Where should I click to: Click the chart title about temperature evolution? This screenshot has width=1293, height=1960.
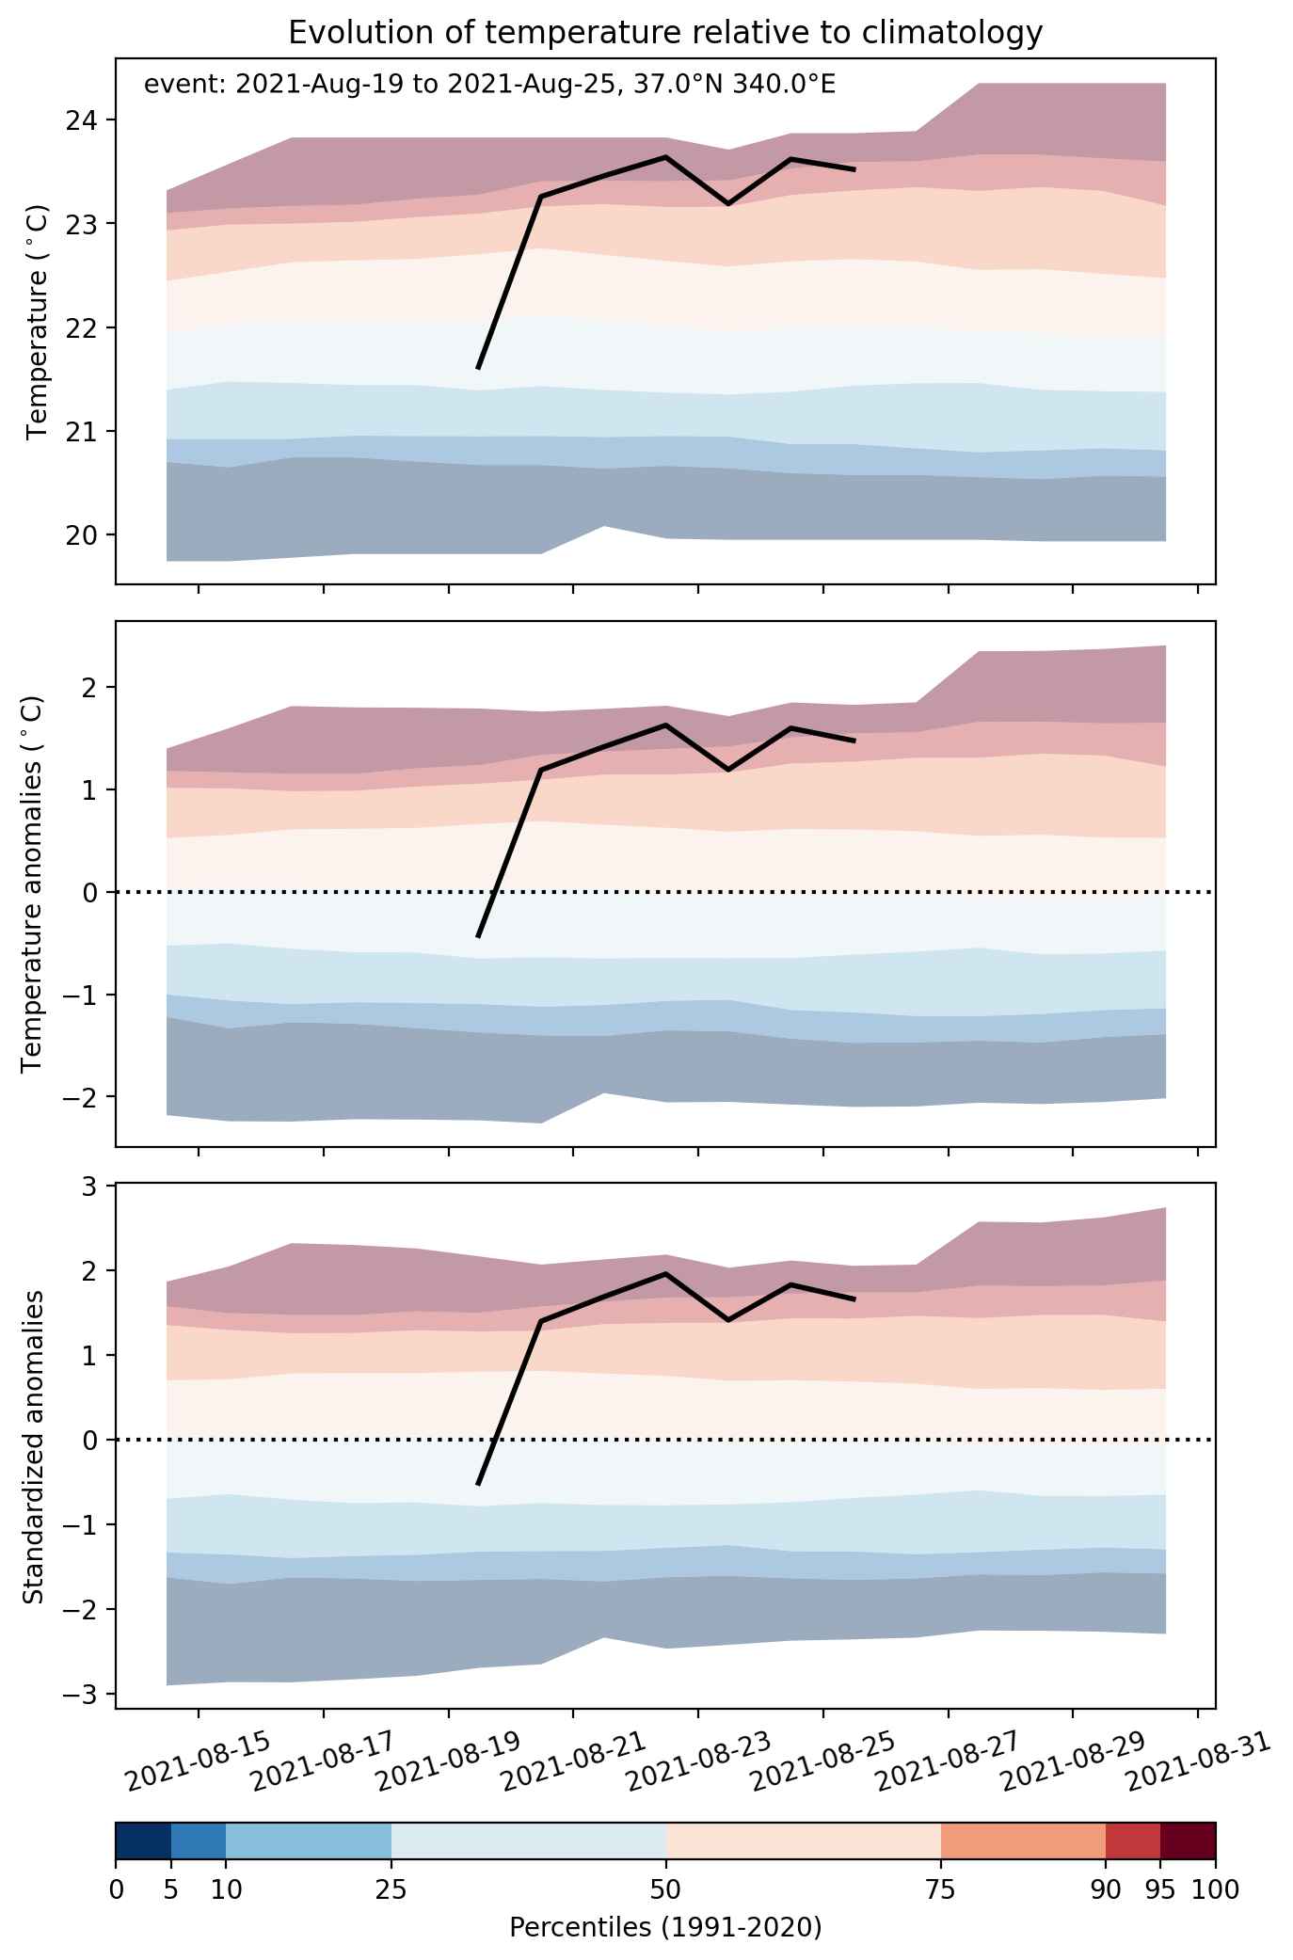click(665, 33)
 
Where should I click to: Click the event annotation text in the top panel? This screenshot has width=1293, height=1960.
click(489, 85)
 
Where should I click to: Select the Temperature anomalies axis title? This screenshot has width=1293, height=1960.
click(32, 884)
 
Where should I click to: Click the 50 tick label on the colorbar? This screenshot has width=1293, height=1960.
click(666, 1889)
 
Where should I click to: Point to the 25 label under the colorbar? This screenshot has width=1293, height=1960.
click(391, 1889)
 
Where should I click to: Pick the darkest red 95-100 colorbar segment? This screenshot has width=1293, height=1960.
click(1188, 1844)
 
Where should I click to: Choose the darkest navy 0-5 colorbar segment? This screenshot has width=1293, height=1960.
click(143, 1844)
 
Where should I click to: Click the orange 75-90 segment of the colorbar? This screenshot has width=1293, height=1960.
click(1023, 1844)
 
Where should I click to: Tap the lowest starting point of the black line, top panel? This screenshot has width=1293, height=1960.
click(478, 369)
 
